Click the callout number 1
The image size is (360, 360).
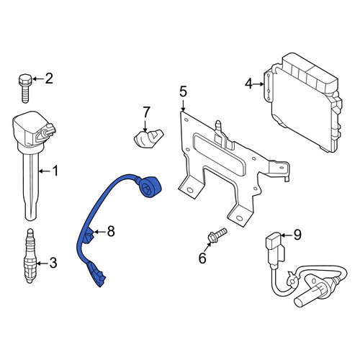point(55,171)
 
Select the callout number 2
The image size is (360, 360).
point(49,78)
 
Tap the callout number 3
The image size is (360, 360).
point(53,263)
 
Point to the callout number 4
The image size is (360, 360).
point(248,84)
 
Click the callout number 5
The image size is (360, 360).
point(183,91)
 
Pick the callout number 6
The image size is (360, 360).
point(202,258)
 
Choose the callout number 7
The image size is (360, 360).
point(146,112)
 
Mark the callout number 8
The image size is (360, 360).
point(111,232)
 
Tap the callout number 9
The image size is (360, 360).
point(297,235)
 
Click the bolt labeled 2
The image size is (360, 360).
point(25,88)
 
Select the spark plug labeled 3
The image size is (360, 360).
point(30,256)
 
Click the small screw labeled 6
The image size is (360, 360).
point(217,235)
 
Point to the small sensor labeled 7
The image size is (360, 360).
point(148,138)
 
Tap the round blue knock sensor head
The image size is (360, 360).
point(150,186)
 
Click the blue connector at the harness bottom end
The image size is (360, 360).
point(97,274)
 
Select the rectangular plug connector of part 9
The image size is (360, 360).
point(275,248)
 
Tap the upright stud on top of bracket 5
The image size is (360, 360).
point(218,127)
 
